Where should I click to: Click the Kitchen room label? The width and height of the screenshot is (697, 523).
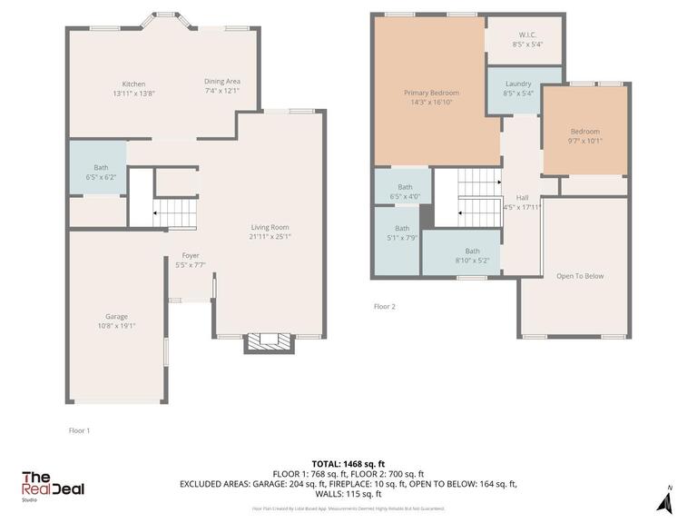pyautogui.click(x=128, y=84)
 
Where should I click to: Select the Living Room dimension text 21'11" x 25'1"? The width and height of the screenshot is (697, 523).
pyautogui.click(x=270, y=237)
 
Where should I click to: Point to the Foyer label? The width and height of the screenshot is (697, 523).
pyautogui.click(x=191, y=256)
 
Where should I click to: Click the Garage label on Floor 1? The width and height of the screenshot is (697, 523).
pyautogui.click(x=116, y=316)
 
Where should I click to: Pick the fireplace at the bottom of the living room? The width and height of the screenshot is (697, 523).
pyautogui.click(x=270, y=341)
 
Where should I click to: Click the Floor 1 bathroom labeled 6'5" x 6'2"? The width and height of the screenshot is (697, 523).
pyautogui.click(x=100, y=173)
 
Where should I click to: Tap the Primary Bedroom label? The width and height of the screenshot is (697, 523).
pyautogui.click(x=431, y=93)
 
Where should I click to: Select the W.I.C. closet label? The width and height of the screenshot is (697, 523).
pyautogui.click(x=527, y=35)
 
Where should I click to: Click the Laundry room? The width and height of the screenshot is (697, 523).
pyautogui.click(x=518, y=84)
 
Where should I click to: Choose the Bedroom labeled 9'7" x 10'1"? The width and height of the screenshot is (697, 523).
pyautogui.click(x=584, y=132)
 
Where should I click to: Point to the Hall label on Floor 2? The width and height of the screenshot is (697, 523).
pyautogui.click(x=522, y=198)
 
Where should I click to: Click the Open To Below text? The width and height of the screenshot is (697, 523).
pyautogui.click(x=581, y=276)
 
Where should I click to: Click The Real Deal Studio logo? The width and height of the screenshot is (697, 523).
pyautogui.click(x=53, y=485)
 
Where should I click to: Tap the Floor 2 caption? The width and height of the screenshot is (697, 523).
pyautogui.click(x=385, y=307)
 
